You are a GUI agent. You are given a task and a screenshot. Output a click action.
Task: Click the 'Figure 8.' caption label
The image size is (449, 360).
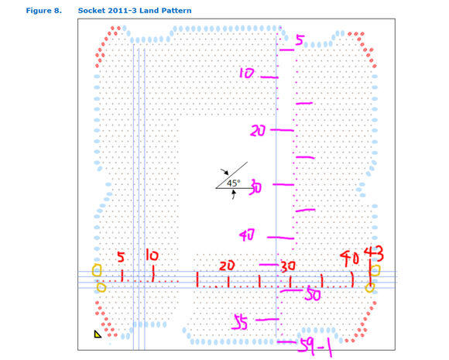(x=44, y=11)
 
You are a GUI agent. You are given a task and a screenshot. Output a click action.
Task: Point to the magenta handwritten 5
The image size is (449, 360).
(x=300, y=39)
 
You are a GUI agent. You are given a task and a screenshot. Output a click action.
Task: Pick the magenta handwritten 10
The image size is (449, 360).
(x=246, y=73)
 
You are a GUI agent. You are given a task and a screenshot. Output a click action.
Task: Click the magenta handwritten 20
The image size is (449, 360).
(x=258, y=131)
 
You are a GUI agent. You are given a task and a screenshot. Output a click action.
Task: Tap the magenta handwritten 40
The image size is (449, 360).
(x=247, y=235)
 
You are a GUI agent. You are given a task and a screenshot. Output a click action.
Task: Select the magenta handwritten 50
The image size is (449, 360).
(x=313, y=294)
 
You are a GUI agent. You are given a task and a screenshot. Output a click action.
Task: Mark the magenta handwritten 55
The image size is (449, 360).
(x=240, y=321)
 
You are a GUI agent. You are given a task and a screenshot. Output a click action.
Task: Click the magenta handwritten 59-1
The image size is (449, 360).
(x=315, y=348)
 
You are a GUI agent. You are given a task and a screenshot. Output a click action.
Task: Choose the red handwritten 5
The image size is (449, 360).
(x=121, y=257)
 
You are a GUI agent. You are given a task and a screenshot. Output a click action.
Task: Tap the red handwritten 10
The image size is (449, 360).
(x=152, y=255)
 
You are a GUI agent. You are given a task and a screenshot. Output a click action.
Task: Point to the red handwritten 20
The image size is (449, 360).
(x=227, y=266)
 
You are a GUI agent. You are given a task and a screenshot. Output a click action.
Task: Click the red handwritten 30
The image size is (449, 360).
(x=288, y=266)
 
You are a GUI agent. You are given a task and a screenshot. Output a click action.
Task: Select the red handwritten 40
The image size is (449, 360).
(x=349, y=258)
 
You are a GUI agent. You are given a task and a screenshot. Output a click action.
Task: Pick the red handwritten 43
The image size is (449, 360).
(x=374, y=254)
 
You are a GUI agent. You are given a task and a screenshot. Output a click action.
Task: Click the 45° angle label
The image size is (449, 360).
(x=233, y=183)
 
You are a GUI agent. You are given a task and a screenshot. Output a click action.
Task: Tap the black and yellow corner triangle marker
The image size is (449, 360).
(x=98, y=334)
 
